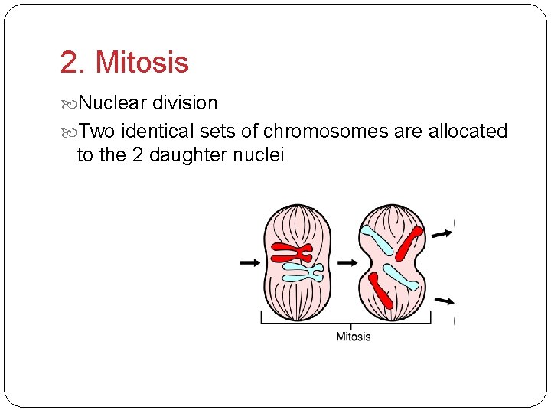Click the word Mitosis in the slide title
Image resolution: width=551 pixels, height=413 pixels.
(x=144, y=63)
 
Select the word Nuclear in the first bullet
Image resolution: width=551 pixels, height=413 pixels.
(x=113, y=102)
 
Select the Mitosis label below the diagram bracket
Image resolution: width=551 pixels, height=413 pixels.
(x=354, y=337)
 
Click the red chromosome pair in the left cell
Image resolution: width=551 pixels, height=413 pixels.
(x=292, y=252)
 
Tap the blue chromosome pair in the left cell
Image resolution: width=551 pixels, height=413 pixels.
(x=302, y=272)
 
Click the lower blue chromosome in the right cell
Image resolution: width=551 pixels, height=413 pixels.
(x=400, y=276)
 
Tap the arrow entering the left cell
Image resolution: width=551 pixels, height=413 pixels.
(x=249, y=262)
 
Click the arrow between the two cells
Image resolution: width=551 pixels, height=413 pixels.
(x=347, y=262)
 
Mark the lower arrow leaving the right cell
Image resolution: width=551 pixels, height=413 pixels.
(x=442, y=301)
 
